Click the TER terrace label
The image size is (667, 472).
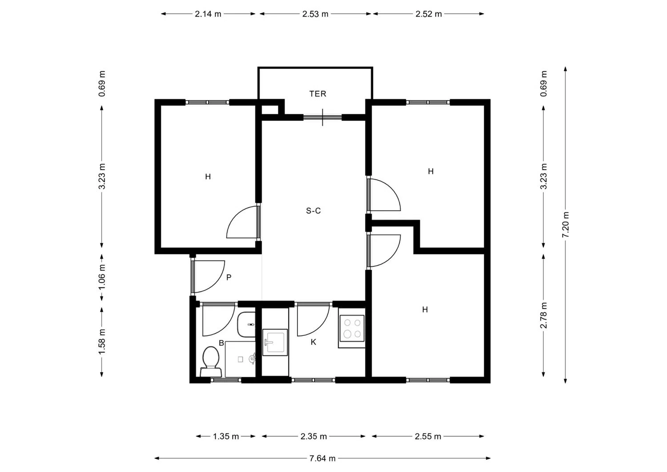[318, 94]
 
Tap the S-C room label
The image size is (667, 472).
[313, 211]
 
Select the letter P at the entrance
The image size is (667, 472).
[229, 278]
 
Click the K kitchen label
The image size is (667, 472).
[313, 342]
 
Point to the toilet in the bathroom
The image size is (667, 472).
[211, 361]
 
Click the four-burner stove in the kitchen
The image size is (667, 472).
[352, 328]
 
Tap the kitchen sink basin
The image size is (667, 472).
[275, 343]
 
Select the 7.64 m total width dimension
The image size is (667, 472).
[322, 458]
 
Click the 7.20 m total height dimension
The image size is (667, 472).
[566, 225]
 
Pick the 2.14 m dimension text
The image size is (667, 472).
[208, 14]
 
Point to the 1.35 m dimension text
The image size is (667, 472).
[226, 436]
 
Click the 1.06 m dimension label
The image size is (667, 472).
[102, 277]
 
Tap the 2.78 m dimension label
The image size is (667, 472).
[543, 315]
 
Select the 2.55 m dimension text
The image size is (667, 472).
[428, 436]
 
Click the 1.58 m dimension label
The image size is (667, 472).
[102, 342]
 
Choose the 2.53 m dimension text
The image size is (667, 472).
[315, 14]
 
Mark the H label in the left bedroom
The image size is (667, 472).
[208, 177]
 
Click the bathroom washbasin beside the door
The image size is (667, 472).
[246, 324]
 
